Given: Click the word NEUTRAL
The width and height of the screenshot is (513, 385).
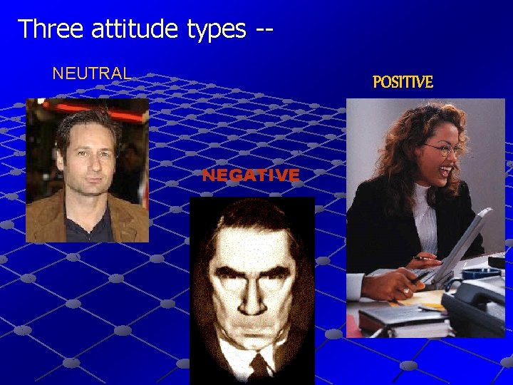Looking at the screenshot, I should click(x=92, y=73).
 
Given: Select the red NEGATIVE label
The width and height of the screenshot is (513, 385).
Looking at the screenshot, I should click(x=250, y=175).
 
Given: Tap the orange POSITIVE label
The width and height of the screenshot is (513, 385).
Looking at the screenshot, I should click(x=403, y=83).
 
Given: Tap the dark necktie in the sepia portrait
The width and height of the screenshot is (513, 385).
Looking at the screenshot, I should click(x=258, y=367).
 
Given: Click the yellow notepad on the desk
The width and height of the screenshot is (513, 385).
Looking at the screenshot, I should click(x=427, y=299).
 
